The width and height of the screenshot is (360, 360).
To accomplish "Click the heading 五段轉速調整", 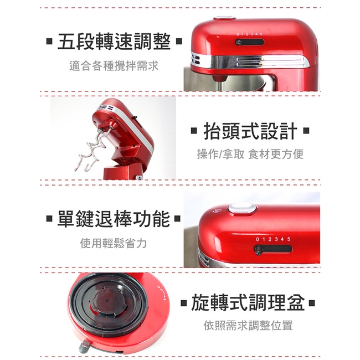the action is coord(114,42).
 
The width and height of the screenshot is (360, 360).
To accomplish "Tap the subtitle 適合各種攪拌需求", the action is coord(114,66).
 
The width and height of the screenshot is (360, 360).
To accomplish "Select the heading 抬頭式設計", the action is coord(250,131).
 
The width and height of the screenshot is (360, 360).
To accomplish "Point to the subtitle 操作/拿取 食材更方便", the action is coord(250,154).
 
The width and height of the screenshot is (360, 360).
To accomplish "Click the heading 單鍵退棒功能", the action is coord(114,219).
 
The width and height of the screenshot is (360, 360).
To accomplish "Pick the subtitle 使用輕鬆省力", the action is coord(114,243).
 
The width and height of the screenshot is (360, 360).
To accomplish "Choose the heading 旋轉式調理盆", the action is coord(248,302).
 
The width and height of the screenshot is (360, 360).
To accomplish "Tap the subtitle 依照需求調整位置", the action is coord(248,325).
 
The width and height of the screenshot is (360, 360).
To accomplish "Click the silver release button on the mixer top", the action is coord(242,209).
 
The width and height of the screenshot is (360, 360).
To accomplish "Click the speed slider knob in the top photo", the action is coord(239,43).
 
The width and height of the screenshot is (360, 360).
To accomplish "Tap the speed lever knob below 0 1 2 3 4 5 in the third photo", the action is coord(258,250).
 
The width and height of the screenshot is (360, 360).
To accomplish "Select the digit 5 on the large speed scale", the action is coord(289,239).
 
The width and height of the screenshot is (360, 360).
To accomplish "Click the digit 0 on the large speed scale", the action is coord(258,239).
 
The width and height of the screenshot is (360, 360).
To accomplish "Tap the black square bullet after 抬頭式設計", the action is coord(306,131).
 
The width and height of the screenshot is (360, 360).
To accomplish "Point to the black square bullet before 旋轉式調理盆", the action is coord(184,303).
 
